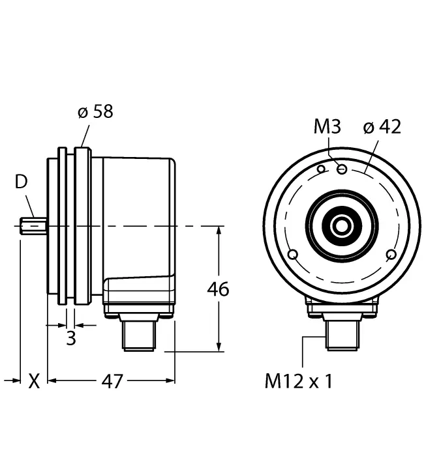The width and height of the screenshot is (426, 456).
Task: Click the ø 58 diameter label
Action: coord(95,111)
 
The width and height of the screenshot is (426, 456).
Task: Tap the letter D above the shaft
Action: coord(22,182)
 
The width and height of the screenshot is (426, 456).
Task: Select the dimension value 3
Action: coord(71,338)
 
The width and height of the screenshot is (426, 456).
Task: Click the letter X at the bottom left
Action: coord(34,381)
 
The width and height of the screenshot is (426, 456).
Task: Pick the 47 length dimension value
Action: coord(112,381)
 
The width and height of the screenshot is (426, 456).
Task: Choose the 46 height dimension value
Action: coord(218,289)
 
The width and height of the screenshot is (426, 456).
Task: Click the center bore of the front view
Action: coord(341,227)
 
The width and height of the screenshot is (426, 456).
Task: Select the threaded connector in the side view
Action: coord(138,335)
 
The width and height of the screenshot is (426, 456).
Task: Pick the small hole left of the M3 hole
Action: coord(320,169)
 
